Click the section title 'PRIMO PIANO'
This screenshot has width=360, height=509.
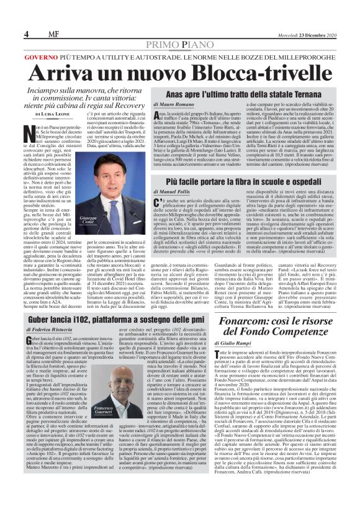coord(180,46)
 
